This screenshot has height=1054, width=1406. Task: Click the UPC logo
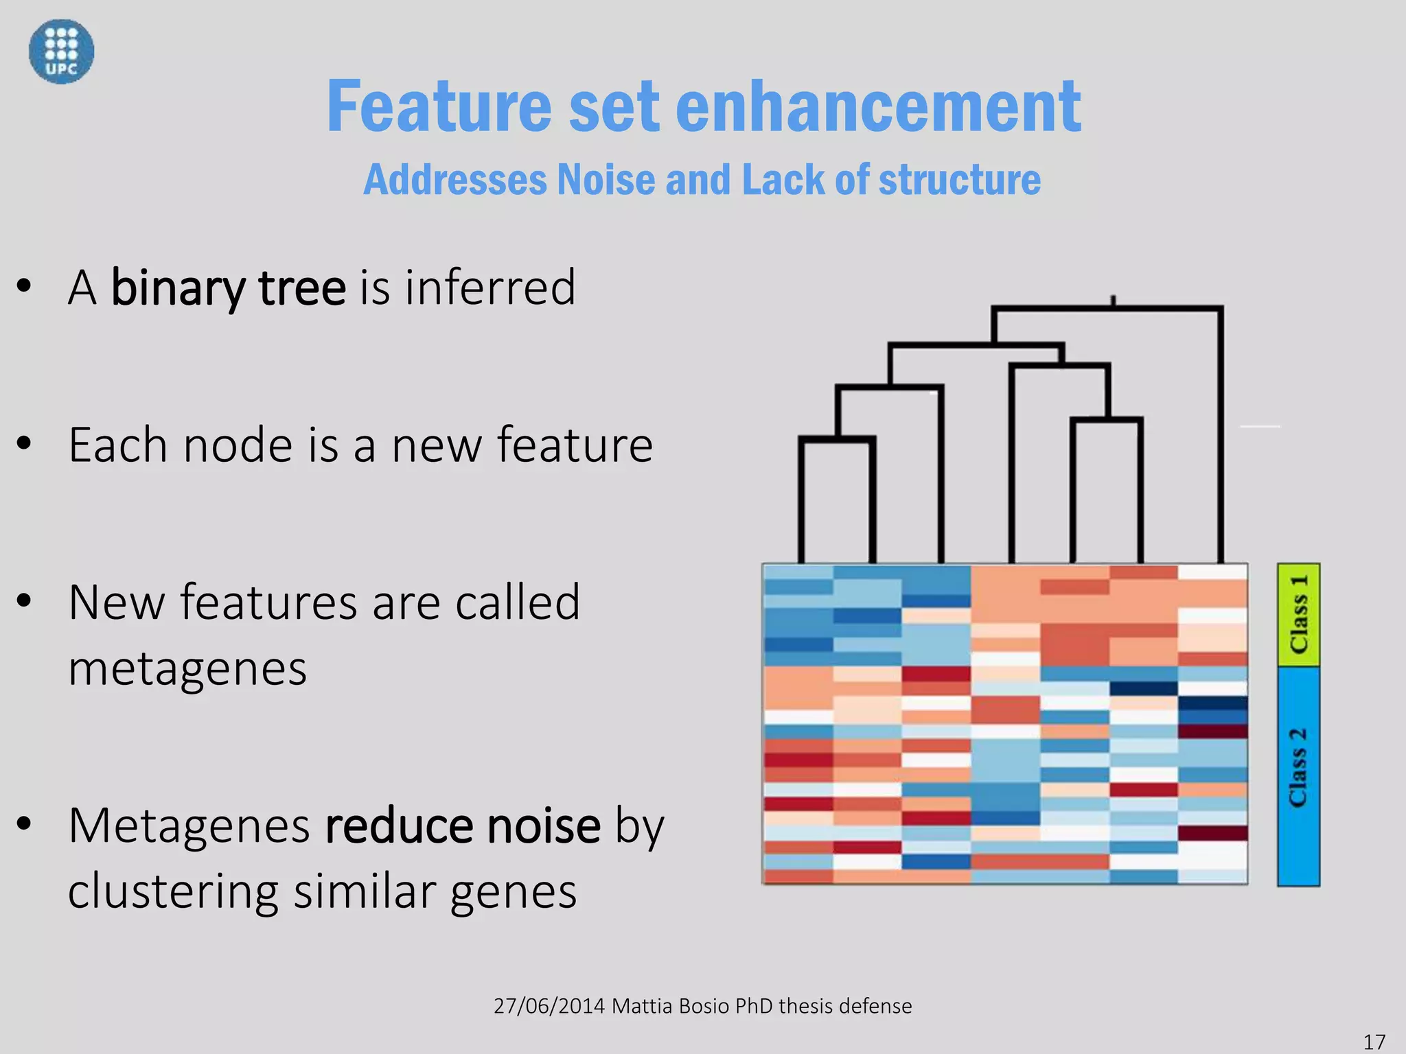point(61,51)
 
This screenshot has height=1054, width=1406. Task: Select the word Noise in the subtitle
point(606,180)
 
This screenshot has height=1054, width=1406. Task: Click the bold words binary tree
point(228,288)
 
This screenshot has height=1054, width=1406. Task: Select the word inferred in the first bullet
point(489,288)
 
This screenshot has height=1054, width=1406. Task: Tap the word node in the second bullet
point(238,445)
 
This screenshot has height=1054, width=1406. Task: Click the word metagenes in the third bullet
point(187,669)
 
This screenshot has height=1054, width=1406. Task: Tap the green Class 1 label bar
point(1298,614)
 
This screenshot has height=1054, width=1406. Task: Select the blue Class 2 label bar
point(1298,775)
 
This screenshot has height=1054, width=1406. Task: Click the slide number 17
point(1374,1042)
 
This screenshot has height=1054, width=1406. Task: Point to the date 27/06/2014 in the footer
point(549,1006)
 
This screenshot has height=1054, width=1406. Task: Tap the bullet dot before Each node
point(25,444)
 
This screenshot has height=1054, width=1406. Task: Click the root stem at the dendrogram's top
point(1113,301)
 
